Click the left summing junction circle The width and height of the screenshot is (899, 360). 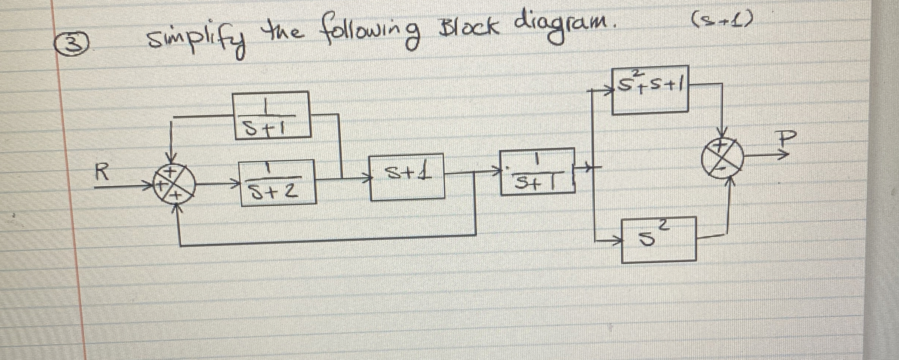pos(173,184)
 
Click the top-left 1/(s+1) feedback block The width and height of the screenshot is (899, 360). pos(271,115)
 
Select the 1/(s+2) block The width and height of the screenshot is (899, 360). pos(278,182)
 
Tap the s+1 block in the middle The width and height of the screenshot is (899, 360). pos(407,177)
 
